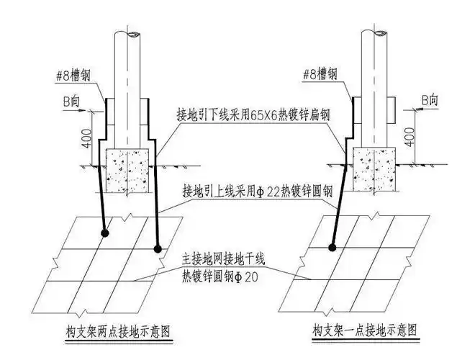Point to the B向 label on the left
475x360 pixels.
tap(71, 102)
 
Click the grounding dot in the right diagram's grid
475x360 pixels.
tap(332, 248)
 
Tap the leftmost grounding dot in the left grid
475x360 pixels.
tap(106, 233)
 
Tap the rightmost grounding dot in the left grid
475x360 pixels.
tap(158, 248)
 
